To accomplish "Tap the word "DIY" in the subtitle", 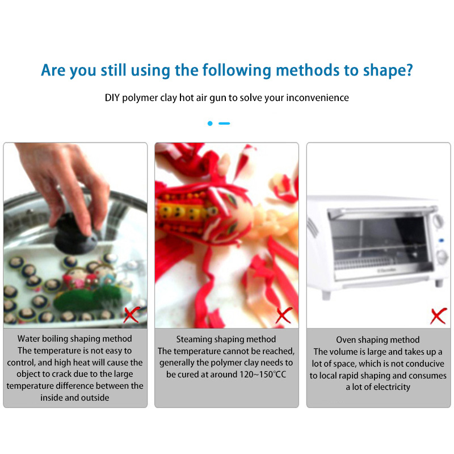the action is click(112, 98).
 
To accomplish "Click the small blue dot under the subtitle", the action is click(210, 123).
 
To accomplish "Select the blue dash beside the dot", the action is click(224, 123).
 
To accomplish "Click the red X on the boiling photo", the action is click(132, 314).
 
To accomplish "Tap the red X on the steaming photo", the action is click(284, 316).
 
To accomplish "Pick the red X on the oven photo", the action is click(438, 316).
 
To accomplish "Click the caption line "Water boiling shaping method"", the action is click(75, 338).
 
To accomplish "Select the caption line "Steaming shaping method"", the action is click(226, 339).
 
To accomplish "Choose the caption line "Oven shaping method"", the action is click(378, 339).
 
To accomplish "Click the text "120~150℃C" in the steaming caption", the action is click(263, 375).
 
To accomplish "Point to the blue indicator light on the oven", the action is click(442, 240).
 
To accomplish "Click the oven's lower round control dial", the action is click(442, 257).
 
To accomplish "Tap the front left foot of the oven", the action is click(326, 295).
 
